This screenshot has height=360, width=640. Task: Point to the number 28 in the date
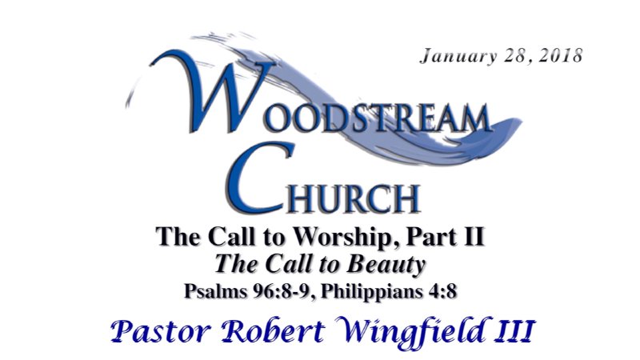(x=508, y=57)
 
